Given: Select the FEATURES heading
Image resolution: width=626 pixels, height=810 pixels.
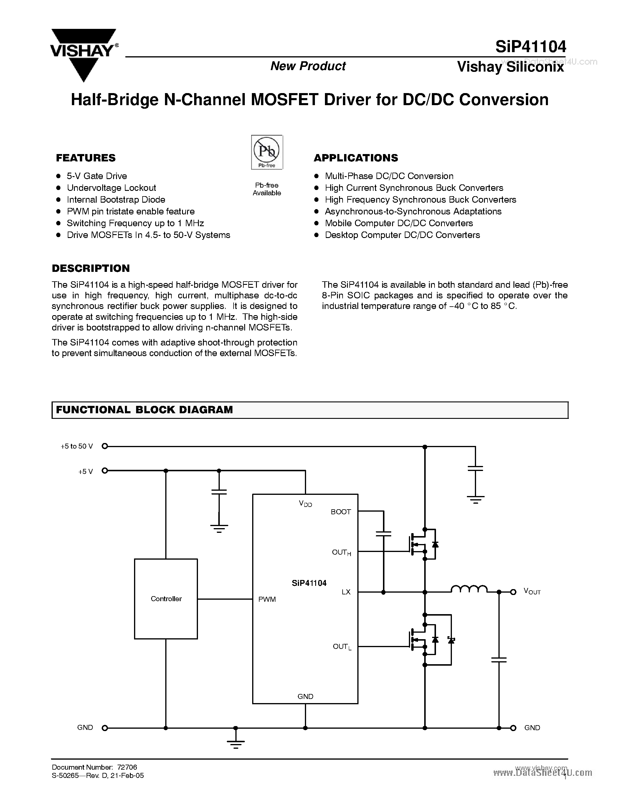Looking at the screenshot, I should tap(86, 158).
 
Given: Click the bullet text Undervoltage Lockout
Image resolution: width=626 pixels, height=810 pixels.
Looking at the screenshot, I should tap(111, 188).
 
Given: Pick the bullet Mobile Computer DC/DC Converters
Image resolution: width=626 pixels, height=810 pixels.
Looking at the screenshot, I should tap(399, 223).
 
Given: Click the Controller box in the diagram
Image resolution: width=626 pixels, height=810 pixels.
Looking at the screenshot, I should tap(166, 599).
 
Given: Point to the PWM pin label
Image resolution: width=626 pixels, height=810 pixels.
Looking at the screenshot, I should tap(267, 599).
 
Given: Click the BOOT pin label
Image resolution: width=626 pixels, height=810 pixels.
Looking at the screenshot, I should tap(341, 512).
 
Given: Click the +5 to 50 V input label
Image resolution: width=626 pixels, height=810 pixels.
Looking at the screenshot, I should tap(77, 446).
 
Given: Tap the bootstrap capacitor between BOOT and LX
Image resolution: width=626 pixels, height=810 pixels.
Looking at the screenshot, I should tap(384, 534).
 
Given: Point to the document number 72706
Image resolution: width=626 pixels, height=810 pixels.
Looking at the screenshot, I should tap(127, 767).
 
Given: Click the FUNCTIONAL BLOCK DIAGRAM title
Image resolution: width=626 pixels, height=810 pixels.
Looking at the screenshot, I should tap(144, 410).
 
